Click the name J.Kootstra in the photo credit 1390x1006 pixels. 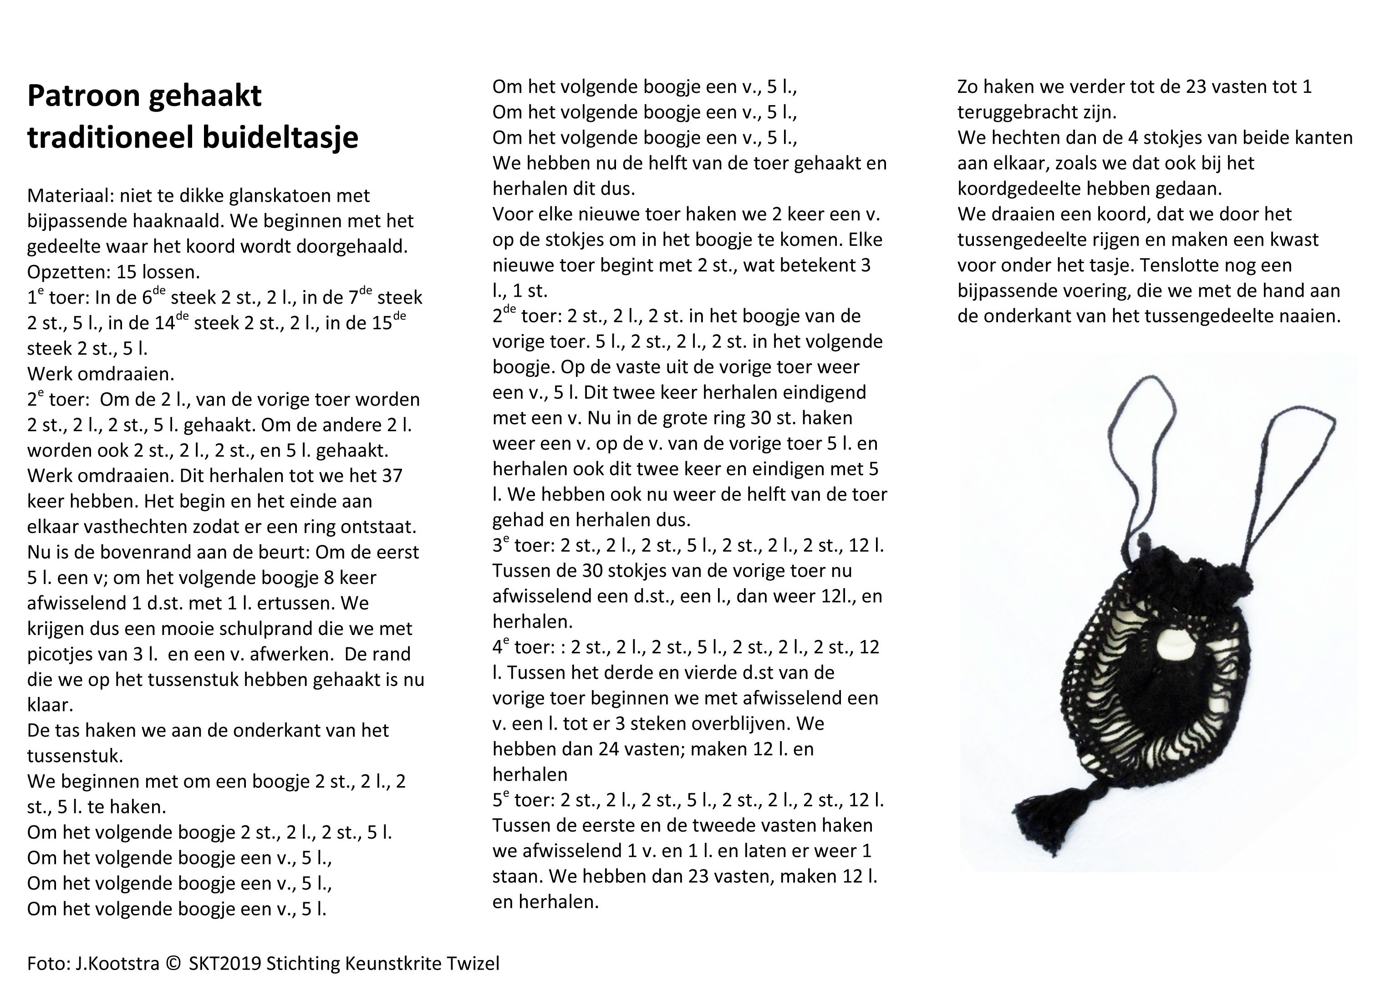pos(117,964)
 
